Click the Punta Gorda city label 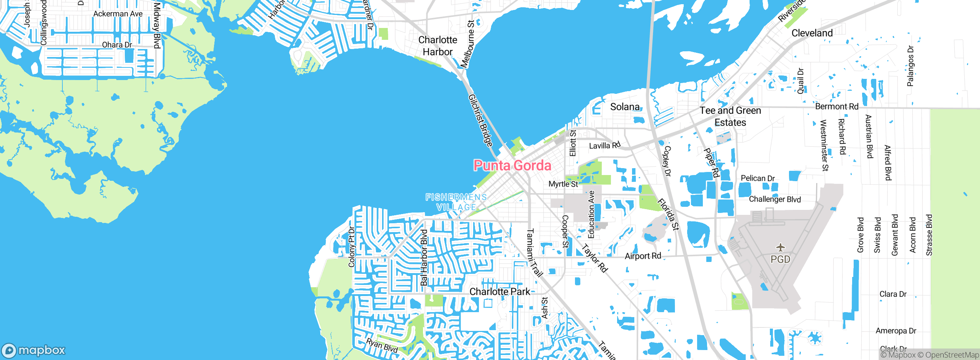512,165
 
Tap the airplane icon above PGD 781,247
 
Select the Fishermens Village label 456,202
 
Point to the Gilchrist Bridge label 480,120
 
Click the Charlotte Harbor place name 438,46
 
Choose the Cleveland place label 812,33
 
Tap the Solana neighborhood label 625,107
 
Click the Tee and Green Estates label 730,116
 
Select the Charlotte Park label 500,292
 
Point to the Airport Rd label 643,256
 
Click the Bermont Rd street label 836,106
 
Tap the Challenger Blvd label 774,199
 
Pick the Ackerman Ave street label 118,14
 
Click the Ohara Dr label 117,45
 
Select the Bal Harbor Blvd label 424,257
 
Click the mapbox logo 34,350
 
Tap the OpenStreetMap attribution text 951,355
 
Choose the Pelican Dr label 758,178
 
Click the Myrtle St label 563,184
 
